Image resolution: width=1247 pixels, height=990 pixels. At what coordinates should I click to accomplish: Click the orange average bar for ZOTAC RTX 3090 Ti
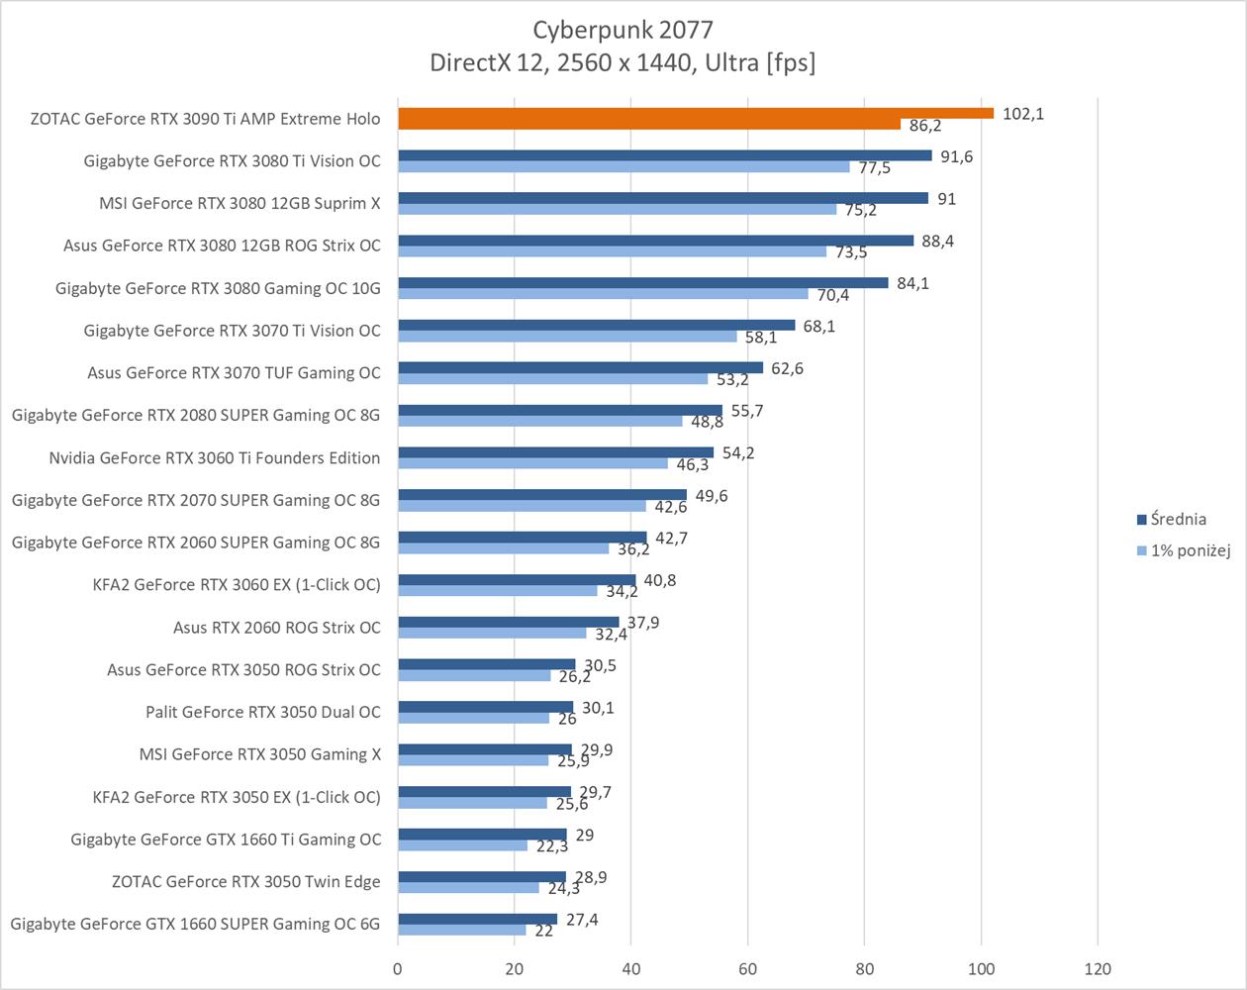point(695,113)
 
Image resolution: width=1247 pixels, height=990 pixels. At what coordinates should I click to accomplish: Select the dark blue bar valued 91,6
point(664,155)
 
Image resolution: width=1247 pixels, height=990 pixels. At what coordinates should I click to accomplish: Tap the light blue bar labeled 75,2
point(617,209)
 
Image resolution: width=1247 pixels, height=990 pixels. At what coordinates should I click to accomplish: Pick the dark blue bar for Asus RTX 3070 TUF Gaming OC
point(580,367)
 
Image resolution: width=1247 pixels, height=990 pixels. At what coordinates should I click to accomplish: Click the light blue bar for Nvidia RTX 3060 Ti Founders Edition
point(532,463)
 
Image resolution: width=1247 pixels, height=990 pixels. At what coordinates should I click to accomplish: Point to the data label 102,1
point(1022,114)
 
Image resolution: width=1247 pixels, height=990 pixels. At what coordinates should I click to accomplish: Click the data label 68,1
point(818,326)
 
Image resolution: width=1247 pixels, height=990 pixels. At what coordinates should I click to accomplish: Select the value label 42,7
point(671,538)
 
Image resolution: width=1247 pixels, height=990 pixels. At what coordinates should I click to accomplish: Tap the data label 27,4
point(581,920)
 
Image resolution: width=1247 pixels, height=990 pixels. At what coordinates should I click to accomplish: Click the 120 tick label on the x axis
point(1098,968)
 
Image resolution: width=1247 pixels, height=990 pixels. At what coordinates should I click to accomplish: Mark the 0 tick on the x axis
point(398,968)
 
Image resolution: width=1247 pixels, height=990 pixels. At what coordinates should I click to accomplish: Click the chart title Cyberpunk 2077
point(623,30)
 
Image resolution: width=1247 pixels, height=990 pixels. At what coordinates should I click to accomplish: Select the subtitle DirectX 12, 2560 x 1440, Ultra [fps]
point(623,62)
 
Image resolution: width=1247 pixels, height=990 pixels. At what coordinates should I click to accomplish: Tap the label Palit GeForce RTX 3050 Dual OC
point(262,712)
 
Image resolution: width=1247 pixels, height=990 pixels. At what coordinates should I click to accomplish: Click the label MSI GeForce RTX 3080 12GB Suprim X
point(240,203)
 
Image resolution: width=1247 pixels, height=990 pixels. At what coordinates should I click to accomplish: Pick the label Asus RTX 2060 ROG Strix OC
point(276,627)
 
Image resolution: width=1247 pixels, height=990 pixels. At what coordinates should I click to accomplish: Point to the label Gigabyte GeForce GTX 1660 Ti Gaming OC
point(226,839)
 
